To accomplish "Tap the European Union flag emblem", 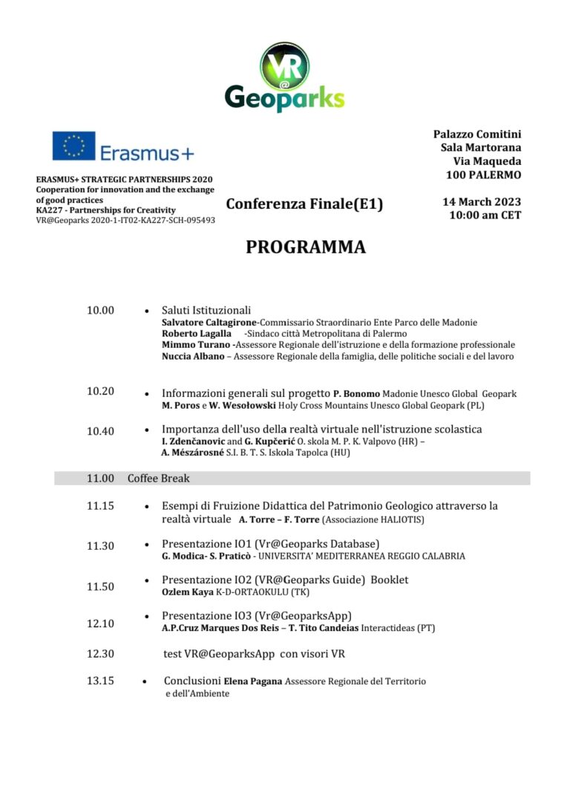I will click(73, 146).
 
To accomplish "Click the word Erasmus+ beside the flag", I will click(146, 154).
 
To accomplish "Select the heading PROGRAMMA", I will click(306, 247).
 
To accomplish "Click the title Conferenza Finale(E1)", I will click(304, 204).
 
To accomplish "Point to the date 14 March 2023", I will click(482, 202).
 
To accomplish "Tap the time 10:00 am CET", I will click(485, 215).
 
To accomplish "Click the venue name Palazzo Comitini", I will click(477, 134).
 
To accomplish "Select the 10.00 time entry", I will click(100, 310).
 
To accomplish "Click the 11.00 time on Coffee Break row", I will click(100, 479).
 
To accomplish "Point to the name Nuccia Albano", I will click(192, 357).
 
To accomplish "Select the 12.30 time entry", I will click(100, 654).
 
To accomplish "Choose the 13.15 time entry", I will click(100, 681).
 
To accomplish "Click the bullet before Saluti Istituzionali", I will click(146, 311).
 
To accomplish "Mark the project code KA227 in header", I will click(49, 210).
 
